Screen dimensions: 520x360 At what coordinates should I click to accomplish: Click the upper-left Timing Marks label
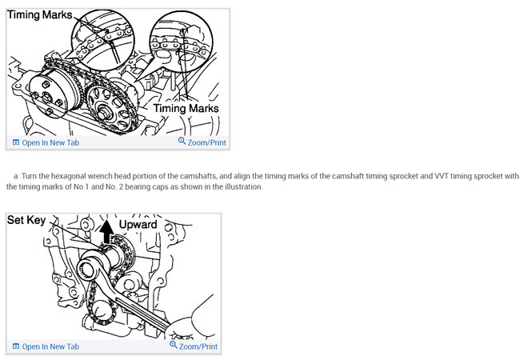[39, 15]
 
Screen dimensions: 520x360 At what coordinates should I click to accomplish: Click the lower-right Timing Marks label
[186, 108]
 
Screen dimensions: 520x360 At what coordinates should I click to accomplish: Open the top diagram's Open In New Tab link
[50, 143]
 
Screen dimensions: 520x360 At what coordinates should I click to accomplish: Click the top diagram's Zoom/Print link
[206, 143]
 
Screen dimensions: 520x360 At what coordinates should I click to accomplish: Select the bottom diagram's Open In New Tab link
[50, 346]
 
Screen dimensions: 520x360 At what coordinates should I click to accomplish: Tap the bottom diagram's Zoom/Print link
[198, 346]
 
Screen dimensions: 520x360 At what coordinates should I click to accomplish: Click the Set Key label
[26, 220]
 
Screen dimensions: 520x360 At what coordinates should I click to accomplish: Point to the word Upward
[138, 225]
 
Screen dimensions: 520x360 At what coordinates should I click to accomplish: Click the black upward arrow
[106, 231]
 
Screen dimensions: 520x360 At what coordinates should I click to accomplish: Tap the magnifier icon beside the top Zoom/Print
[182, 141]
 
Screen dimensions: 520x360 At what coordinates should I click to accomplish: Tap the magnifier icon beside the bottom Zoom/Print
[174, 345]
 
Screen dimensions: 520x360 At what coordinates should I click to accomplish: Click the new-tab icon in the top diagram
[15, 142]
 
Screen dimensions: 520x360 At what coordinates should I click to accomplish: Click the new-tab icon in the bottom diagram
[15, 346]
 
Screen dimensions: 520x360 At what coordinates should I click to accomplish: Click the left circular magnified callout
[103, 40]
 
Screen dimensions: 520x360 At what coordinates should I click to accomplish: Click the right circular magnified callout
[181, 42]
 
